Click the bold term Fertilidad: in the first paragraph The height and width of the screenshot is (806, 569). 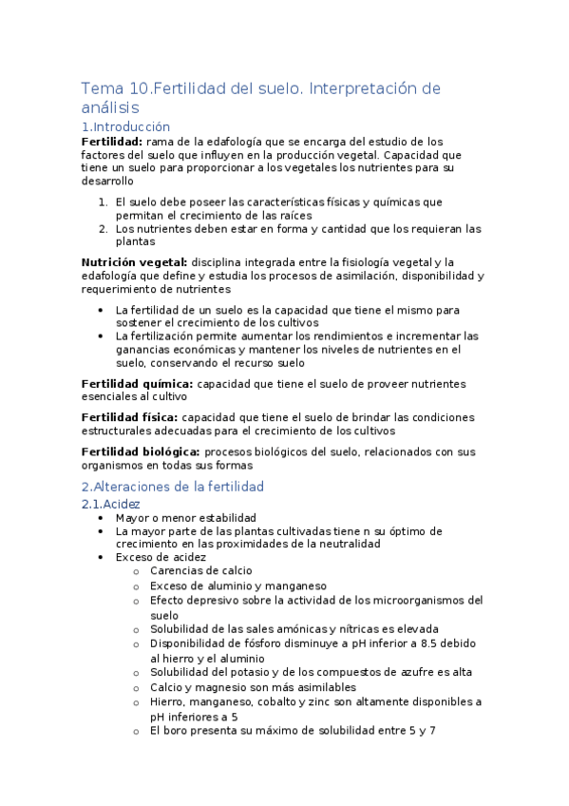coord(112,141)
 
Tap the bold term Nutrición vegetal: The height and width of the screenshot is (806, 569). coord(134,261)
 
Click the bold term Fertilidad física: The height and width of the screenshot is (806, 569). coord(129,416)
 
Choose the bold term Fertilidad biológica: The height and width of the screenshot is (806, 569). coord(141,451)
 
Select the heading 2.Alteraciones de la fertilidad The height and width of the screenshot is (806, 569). coord(172,486)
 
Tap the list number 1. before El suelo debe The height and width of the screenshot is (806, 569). coord(103,201)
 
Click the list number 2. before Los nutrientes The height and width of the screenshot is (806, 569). coord(103,228)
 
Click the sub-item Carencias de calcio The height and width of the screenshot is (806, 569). coord(200,571)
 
